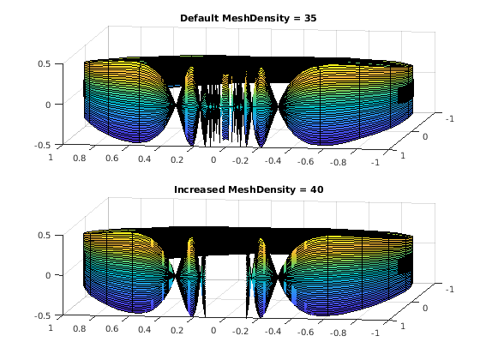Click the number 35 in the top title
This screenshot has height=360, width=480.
pyautogui.click(x=310, y=18)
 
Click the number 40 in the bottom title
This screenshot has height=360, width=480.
pyautogui.click(x=317, y=189)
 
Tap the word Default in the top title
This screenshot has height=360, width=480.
pyautogui.click(x=199, y=18)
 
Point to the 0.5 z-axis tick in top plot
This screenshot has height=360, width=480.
pyautogui.click(x=44, y=64)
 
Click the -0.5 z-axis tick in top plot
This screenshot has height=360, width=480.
pyautogui.click(x=42, y=145)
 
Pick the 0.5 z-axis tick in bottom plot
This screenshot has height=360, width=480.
pyautogui.click(x=44, y=235)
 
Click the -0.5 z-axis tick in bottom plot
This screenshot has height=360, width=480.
pyautogui.click(x=42, y=316)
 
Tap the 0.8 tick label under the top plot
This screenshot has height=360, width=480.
pyautogui.click(x=79, y=158)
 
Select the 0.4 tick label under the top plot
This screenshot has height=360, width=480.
pyautogui.click(x=144, y=159)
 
